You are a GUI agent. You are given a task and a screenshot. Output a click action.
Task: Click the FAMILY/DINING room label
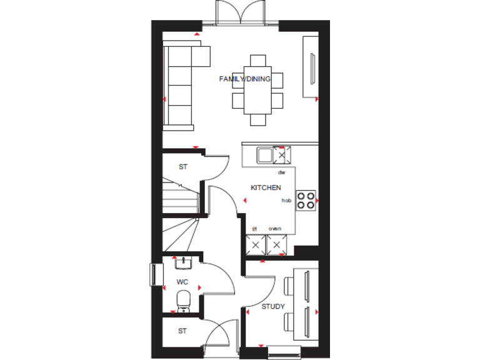pos(244,79)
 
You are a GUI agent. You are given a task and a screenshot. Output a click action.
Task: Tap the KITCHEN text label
pos(266,187)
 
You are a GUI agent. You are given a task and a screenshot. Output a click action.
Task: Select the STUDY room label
pos(273,306)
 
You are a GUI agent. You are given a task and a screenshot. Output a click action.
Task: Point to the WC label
pos(182,282)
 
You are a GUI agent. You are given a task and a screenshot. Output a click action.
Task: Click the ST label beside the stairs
pos(182,167)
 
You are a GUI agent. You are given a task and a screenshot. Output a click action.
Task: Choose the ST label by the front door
pos(182,331)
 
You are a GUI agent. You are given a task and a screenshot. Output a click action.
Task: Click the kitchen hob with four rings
pos(306,200)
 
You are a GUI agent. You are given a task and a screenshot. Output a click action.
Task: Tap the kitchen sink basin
pos(264,154)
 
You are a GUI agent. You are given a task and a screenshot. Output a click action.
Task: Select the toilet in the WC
pos(183,301)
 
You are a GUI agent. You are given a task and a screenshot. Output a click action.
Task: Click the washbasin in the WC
pos(183,262)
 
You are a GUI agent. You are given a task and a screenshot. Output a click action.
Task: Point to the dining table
pos(257,90)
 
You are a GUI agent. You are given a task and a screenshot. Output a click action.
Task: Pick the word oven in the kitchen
pos(275,229)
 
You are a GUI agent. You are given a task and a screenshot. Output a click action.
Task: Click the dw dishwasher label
pos(281,172)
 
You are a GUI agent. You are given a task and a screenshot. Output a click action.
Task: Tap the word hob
pos(286,201)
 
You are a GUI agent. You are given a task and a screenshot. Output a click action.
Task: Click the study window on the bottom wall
pos(284,352)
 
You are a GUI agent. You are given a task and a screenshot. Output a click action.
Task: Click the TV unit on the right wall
pos(310,67)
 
